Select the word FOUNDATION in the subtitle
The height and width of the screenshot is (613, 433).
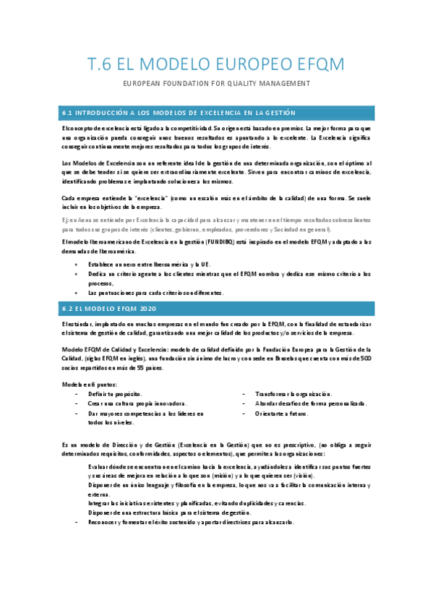190,84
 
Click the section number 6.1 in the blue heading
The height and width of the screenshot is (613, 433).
69,113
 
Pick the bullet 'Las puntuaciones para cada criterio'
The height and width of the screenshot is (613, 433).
155,293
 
